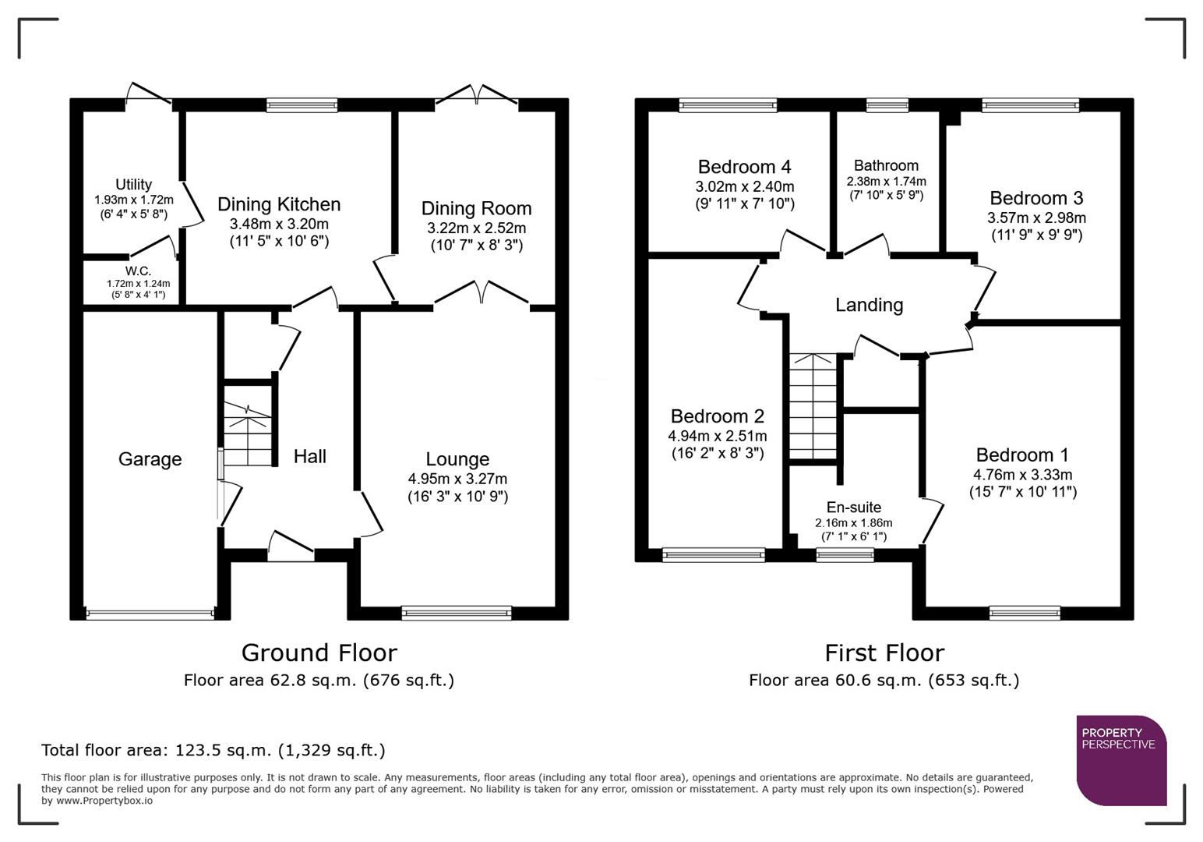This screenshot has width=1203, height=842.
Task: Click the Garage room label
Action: click(150, 459)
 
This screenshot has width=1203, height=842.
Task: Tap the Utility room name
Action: click(133, 185)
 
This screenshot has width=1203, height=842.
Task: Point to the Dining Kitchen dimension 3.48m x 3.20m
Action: click(279, 224)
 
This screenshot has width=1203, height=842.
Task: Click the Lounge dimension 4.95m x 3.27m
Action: click(457, 479)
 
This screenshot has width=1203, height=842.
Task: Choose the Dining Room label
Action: click(476, 208)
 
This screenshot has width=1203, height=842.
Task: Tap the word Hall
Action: click(309, 456)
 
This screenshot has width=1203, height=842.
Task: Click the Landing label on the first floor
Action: click(869, 305)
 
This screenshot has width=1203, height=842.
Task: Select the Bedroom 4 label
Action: click(744, 167)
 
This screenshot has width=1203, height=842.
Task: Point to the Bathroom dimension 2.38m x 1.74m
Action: click(886, 182)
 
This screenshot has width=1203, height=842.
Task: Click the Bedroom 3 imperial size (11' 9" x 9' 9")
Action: click(1036, 235)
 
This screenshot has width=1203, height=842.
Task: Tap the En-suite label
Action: click(853, 508)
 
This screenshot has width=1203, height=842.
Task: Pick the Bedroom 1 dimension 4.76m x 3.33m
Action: click(1022, 475)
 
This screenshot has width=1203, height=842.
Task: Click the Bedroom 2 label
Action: click(717, 416)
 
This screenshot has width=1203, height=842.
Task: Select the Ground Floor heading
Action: click(319, 653)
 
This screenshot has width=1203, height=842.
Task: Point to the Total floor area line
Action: click(213, 750)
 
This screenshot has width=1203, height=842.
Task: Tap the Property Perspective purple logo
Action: click(1120, 760)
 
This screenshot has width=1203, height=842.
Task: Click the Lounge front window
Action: click(457, 613)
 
